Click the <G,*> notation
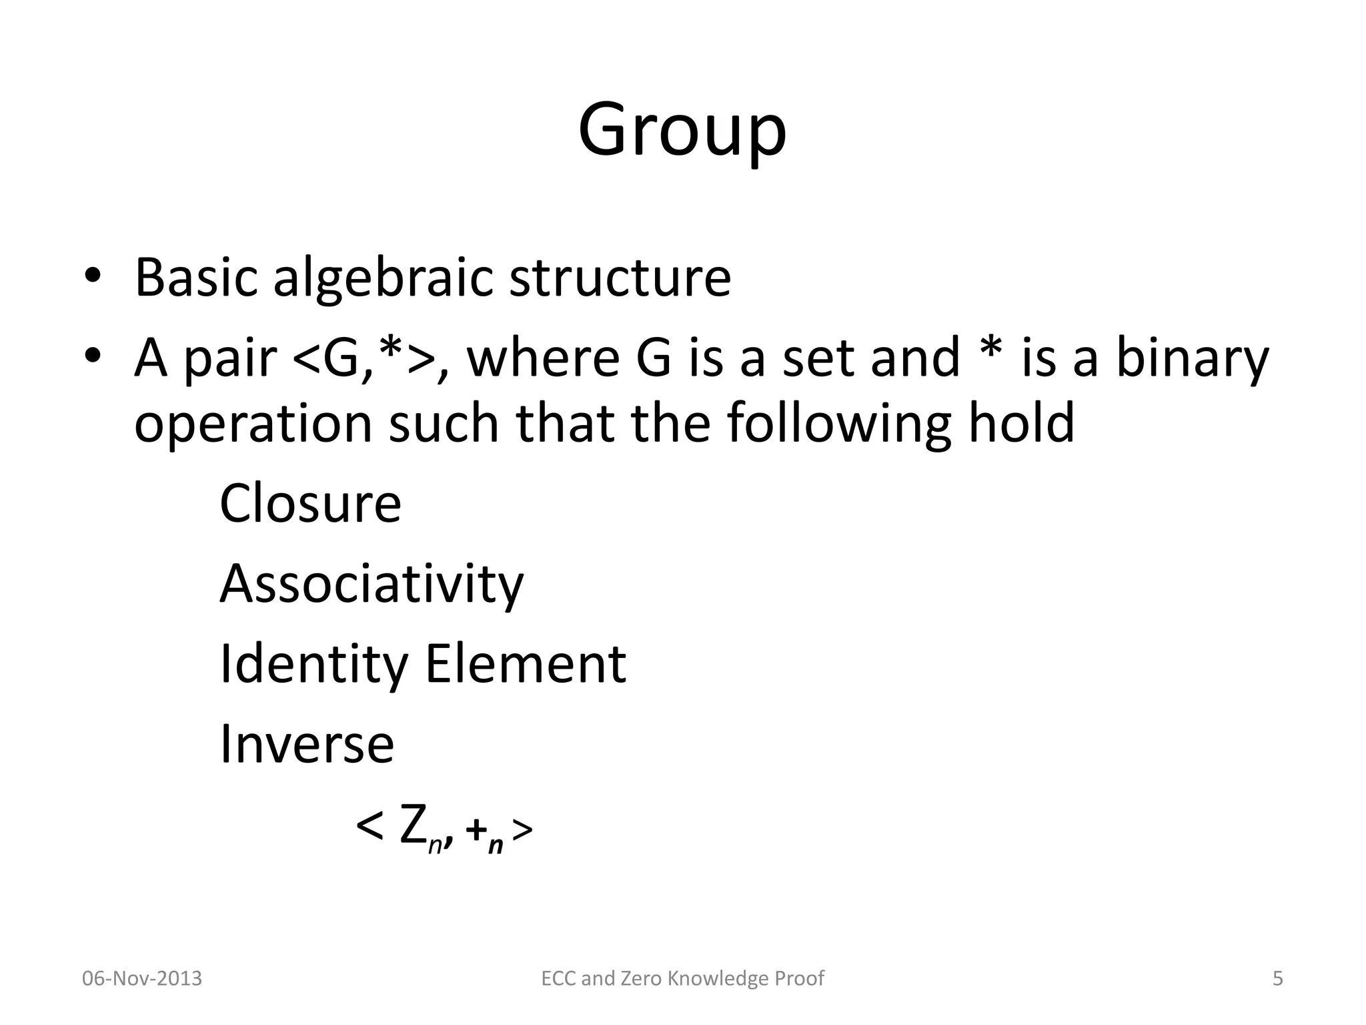point(364,358)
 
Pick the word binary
point(1192,359)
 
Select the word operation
point(253,424)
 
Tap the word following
point(839,424)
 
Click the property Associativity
point(372,585)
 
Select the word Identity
point(313,665)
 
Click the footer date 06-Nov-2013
point(141,978)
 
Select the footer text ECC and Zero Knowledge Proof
point(682,978)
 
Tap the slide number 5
point(1277,978)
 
